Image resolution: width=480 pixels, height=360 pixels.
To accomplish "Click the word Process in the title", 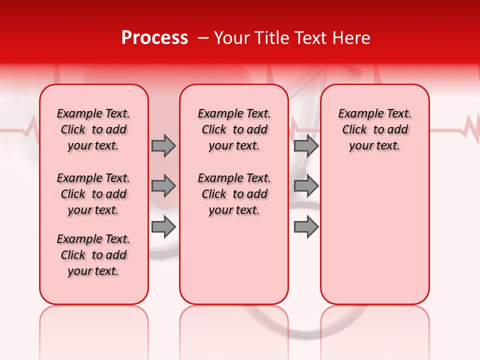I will click(154, 38).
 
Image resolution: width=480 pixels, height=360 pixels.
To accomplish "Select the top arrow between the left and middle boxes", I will click(163, 145).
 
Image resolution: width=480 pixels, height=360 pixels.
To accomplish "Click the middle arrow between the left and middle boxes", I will click(163, 186).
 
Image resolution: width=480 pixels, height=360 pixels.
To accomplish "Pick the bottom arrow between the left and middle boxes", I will click(163, 227).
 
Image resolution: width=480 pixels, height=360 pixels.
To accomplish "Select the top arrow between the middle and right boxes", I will click(306, 145).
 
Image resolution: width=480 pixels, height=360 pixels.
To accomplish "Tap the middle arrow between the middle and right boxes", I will click(306, 186).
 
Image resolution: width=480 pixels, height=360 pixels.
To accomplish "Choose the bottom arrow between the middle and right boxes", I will click(306, 227).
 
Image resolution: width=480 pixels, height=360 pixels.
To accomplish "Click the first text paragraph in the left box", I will click(93, 129).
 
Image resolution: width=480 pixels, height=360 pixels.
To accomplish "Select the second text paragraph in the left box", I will click(93, 194).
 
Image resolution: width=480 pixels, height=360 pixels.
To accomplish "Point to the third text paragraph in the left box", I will click(93, 255).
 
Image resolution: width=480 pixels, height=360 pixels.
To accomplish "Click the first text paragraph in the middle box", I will click(234, 129).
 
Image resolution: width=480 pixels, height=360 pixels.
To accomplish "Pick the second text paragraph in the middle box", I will click(234, 194).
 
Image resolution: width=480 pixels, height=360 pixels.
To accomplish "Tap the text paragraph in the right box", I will click(374, 129).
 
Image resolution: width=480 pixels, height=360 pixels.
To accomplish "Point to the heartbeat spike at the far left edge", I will click(34, 127).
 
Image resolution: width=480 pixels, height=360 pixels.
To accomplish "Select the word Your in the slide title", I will click(230, 38).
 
